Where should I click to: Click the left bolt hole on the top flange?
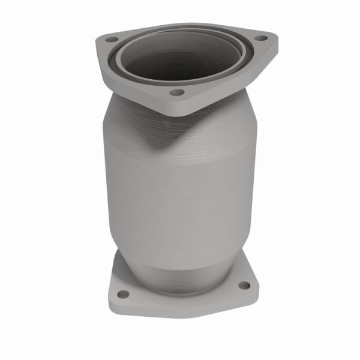[x=110, y=40]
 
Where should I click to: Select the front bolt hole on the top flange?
[x=176, y=92]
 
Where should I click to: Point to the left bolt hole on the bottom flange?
[x=122, y=294]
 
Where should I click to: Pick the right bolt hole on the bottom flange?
[x=244, y=286]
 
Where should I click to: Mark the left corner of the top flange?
[x=97, y=41]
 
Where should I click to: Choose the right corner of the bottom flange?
[x=256, y=286]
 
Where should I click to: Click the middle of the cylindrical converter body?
[x=180, y=198]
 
